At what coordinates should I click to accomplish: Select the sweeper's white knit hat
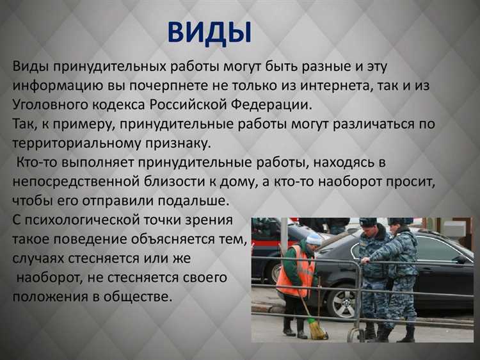[314, 239]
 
